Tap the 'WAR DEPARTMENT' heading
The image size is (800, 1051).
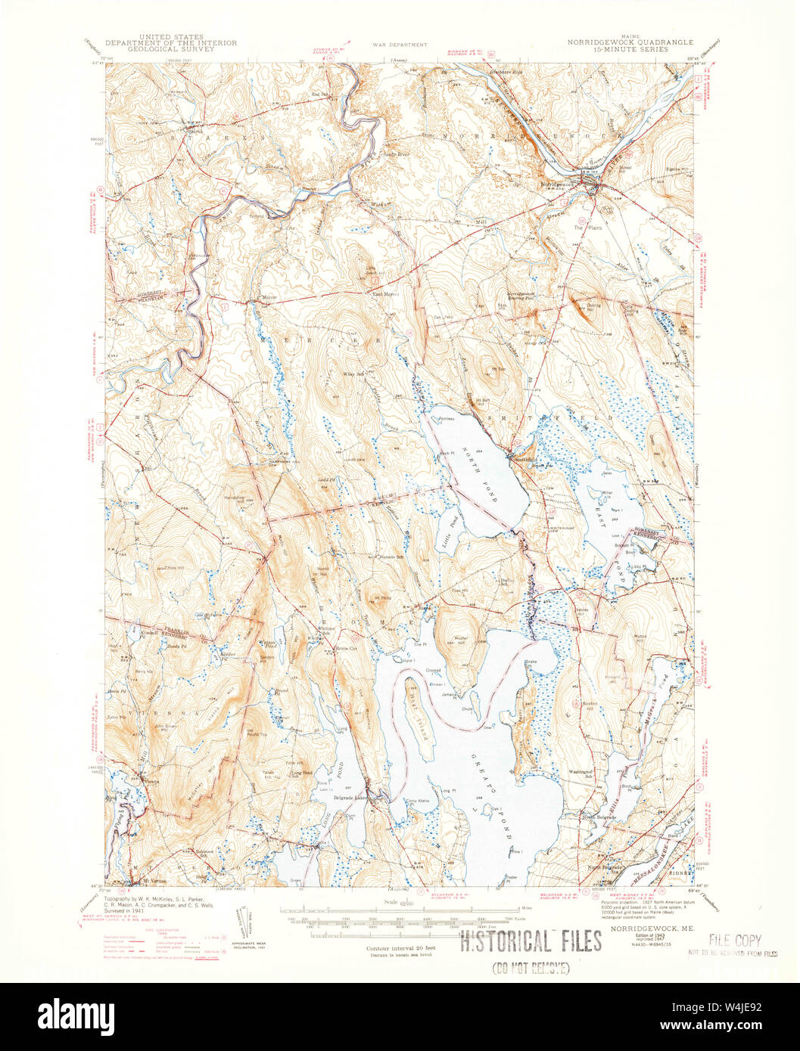point(398,45)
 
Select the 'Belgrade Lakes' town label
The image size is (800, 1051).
point(351,797)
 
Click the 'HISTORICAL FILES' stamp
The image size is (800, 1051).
point(531,941)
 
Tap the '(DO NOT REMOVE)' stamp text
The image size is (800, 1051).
point(532,969)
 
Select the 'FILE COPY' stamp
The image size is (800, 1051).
point(734,941)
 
